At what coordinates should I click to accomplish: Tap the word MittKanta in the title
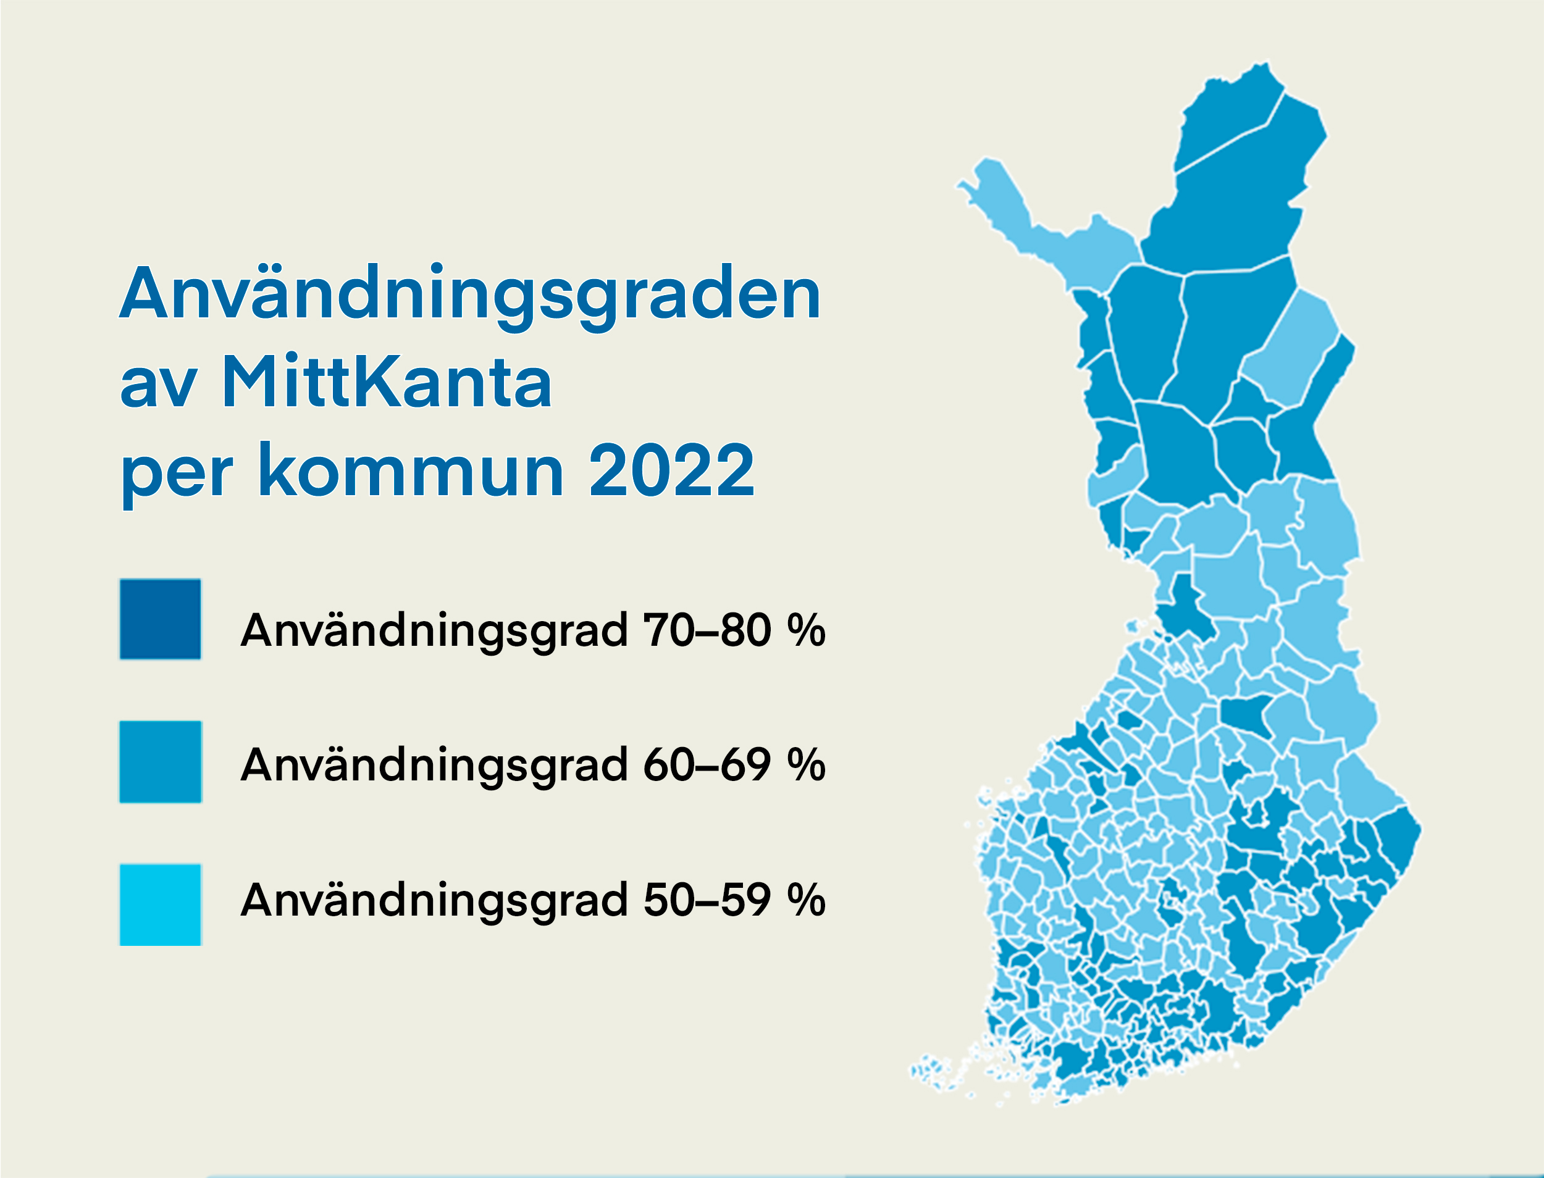coord(387,383)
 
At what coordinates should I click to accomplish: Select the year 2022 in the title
coord(671,471)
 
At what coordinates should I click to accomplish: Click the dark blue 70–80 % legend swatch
coord(161,619)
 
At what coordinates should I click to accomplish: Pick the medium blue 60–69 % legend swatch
coord(161,762)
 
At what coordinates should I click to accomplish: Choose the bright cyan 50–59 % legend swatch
coord(161,905)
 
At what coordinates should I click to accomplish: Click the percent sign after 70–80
coord(806,630)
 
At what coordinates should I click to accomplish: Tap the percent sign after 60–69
coord(806,765)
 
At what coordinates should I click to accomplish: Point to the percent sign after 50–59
coord(806,900)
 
